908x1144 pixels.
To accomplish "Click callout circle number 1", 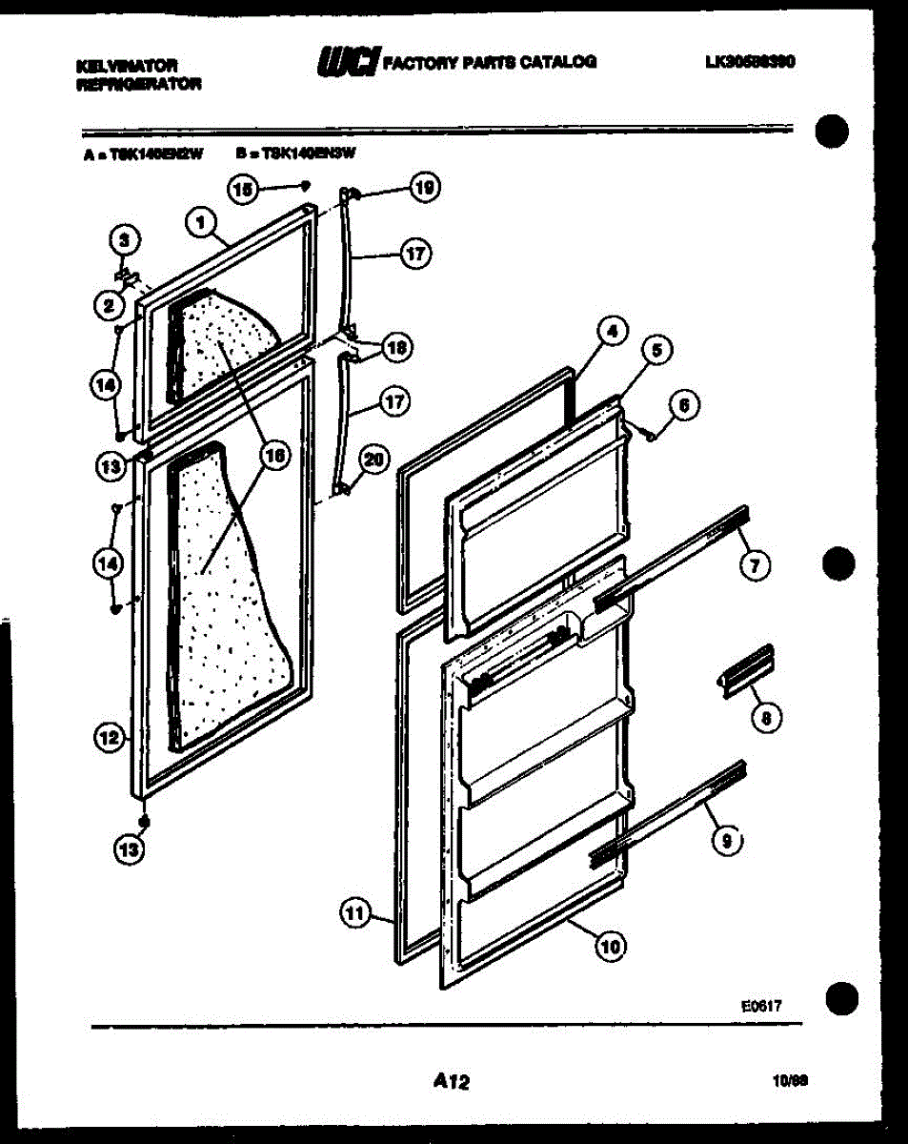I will point(199,223).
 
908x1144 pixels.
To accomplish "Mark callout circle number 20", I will point(373,459).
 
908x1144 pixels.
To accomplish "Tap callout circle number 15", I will point(242,190).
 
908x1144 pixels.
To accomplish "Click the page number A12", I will point(452,1081).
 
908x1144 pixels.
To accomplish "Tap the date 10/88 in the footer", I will point(791,1082).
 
